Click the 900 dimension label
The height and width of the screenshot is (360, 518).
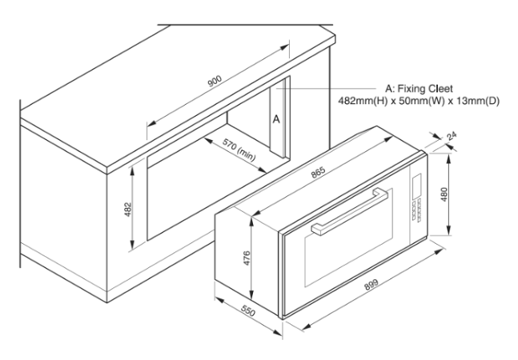tap(215, 81)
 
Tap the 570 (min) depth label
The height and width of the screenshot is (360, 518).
tap(239, 150)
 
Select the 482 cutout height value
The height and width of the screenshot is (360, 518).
tap(128, 210)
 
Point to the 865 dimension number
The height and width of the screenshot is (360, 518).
tap(319, 172)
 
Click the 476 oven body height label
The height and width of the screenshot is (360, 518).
tap(247, 258)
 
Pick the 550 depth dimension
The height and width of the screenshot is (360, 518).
tap(248, 310)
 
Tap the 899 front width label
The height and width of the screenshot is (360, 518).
tap(371, 285)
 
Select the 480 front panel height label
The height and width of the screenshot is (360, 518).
tap(444, 194)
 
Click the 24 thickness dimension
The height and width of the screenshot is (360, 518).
tap(452, 136)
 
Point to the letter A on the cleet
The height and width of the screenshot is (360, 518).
tap(276, 119)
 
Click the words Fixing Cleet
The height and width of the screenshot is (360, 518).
tap(425, 89)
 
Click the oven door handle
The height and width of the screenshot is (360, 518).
tap(349, 211)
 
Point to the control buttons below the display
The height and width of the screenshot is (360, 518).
tap(417, 210)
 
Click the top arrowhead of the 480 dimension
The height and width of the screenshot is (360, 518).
tap(448, 158)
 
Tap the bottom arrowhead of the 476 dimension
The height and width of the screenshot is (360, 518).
tap(251, 294)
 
